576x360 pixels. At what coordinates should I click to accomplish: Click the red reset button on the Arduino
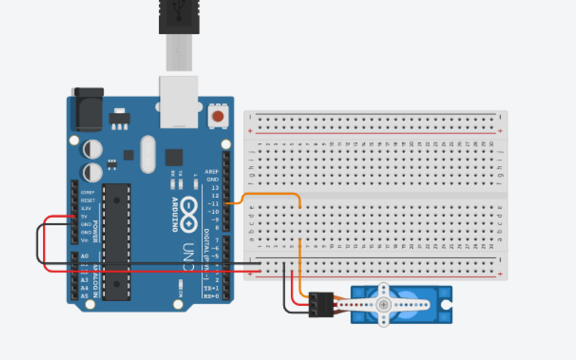coord(217,118)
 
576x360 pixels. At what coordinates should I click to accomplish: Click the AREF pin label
coord(212,172)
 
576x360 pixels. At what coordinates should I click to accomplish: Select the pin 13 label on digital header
coord(214,188)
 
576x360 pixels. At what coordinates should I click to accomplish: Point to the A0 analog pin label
coord(83,256)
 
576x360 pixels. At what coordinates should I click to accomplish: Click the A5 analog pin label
coord(83,295)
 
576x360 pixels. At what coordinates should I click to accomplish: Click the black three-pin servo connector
coord(322,304)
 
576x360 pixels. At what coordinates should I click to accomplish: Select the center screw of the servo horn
coord(384,304)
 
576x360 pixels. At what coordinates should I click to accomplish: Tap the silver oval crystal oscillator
coord(148,153)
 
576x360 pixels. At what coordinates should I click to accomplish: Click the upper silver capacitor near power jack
coord(92,149)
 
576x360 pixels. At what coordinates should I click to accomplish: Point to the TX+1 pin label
coord(212,288)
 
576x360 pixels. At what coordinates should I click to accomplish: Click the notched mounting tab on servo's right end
coord(446,304)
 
